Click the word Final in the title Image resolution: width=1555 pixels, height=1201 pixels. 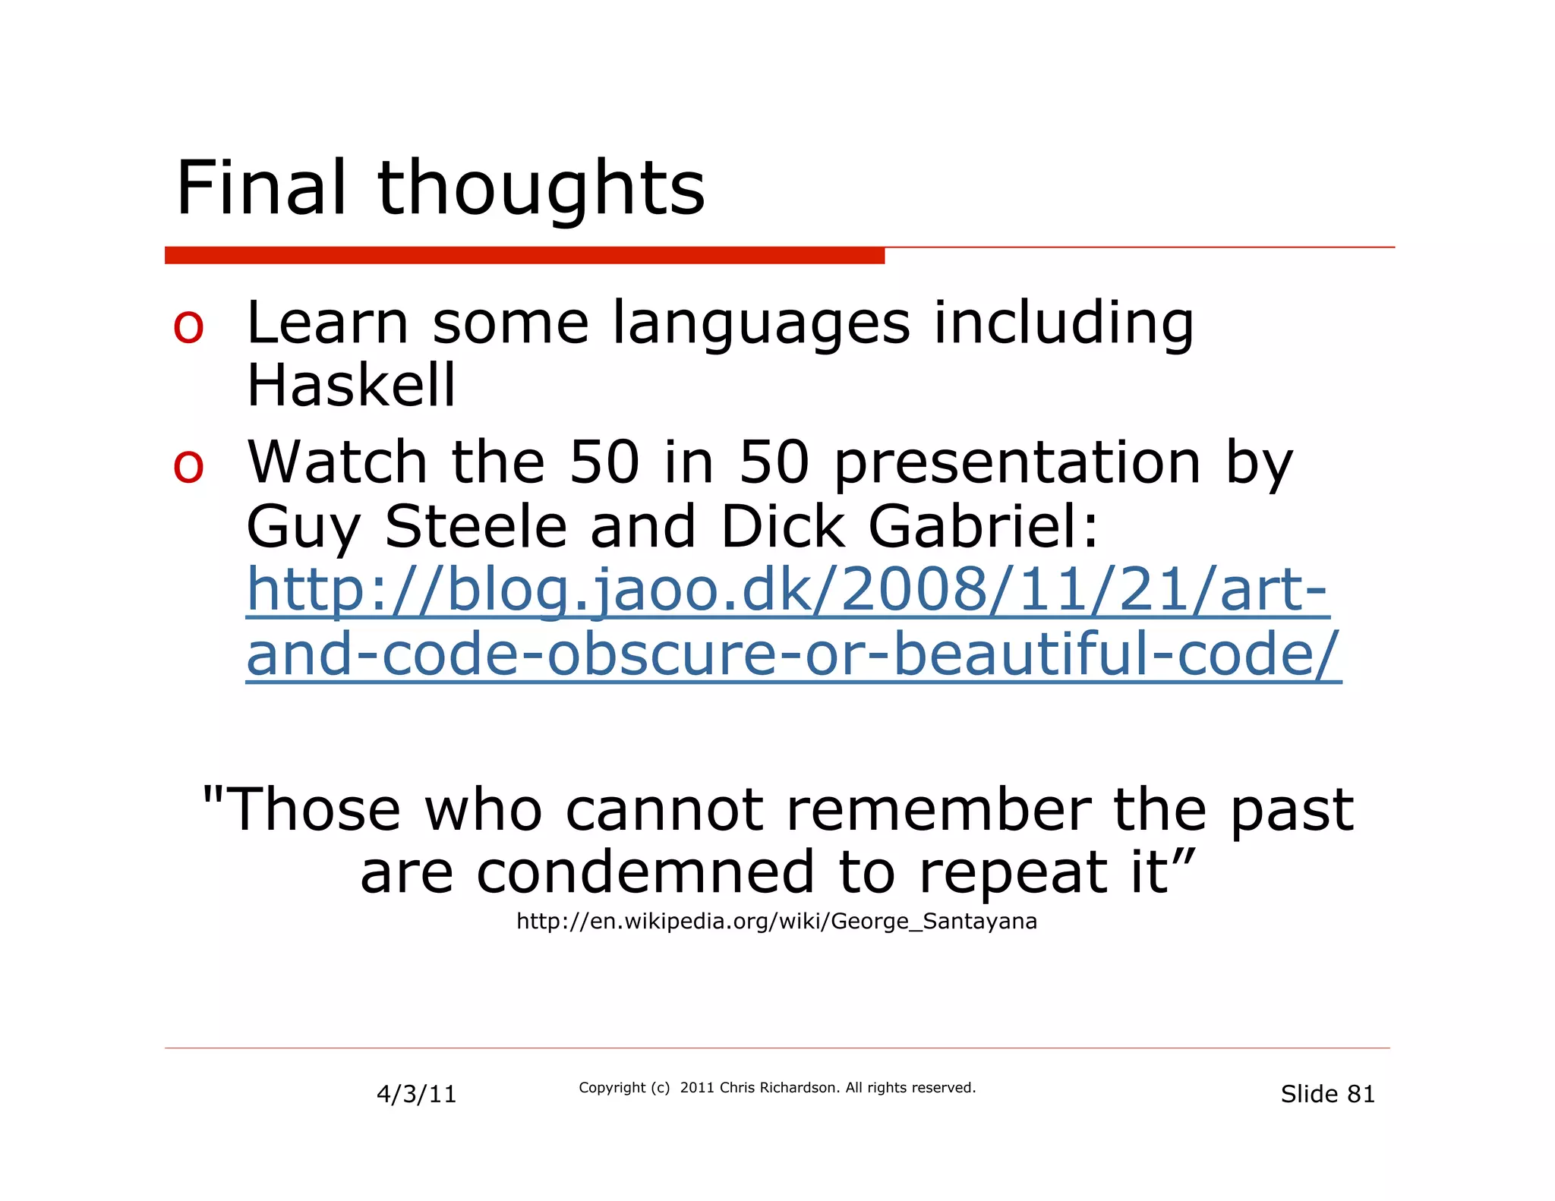(x=262, y=188)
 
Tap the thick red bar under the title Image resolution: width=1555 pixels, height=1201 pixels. (x=524, y=256)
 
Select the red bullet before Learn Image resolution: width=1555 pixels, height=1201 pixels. (x=188, y=327)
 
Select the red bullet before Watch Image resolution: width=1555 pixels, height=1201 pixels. (x=188, y=465)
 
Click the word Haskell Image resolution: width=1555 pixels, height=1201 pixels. (x=351, y=386)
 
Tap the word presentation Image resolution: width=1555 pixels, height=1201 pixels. (x=1017, y=463)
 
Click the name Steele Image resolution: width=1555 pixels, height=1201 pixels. (x=476, y=527)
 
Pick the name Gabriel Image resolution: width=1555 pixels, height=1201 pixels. (x=983, y=527)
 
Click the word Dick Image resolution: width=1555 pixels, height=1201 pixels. (x=782, y=527)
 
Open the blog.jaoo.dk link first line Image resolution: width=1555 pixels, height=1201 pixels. (x=787, y=591)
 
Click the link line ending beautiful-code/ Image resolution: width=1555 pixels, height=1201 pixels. (x=793, y=654)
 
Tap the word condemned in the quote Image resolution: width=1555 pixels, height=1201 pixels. (x=645, y=873)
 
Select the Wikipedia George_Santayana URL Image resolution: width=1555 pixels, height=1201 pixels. (x=776, y=922)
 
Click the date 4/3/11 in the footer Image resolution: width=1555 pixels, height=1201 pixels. (x=416, y=1094)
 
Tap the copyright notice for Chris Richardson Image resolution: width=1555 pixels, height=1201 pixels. (x=777, y=1088)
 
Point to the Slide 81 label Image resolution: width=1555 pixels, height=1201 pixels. (x=1327, y=1094)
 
